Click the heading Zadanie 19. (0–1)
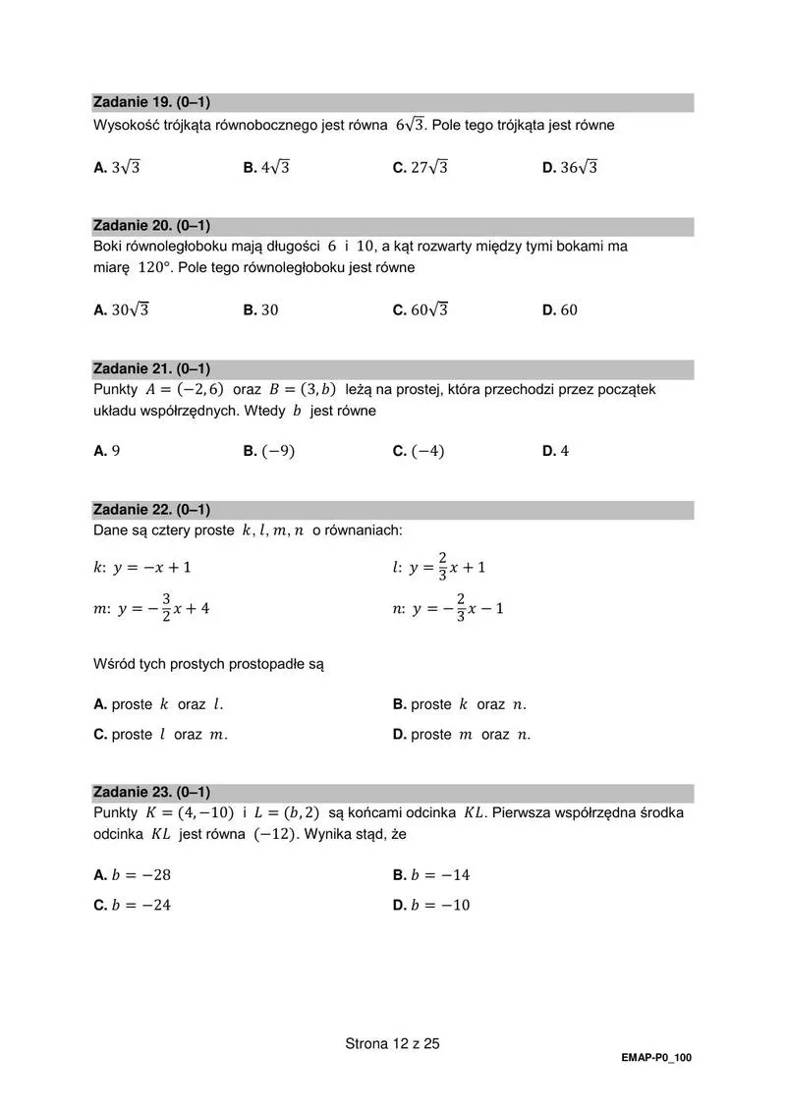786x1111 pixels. pos(151,102)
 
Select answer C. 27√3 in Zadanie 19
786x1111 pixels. pos(420,168)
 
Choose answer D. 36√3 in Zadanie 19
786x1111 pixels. pos(570,168)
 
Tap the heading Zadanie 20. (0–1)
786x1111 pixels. pos(151,226)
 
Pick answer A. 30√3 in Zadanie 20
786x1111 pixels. pos(121,309)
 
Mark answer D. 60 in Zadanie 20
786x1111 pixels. pos(560,309)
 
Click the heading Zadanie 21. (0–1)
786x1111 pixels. pos(151,368)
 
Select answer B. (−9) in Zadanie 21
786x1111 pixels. pos(269,451)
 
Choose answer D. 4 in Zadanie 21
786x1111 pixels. pos(556,451)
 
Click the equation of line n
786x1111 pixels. pos(448,608)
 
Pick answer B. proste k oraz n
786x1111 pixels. pos(460,704)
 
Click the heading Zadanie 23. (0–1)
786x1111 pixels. pos(151,792)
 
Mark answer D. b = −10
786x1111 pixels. pos(431,905)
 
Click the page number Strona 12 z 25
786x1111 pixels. pos(392,1043)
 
